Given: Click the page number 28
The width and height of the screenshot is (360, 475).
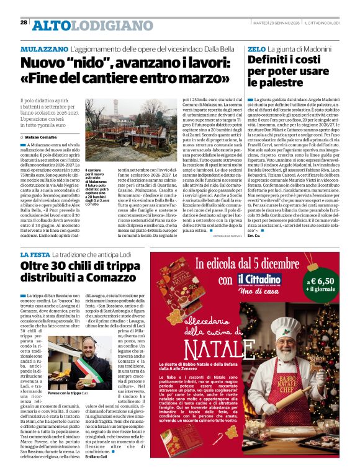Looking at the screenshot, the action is coord(24,22).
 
